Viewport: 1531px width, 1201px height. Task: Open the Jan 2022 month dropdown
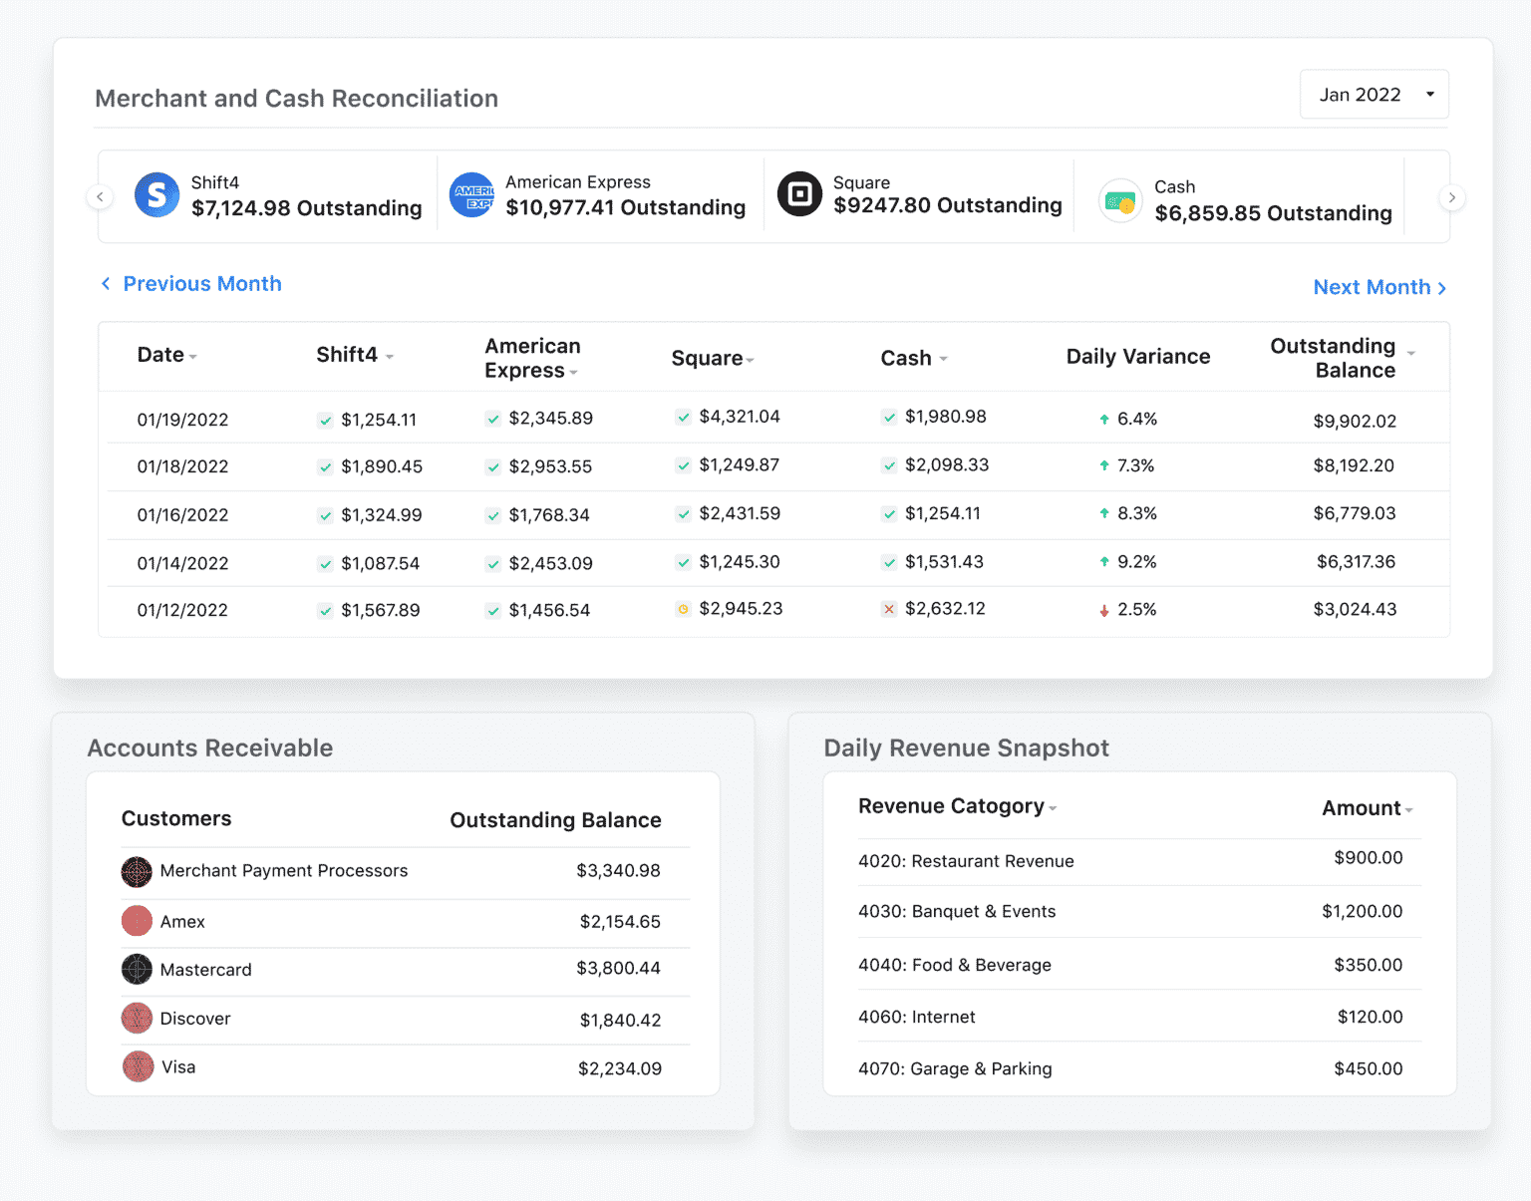(x=1374, y=95)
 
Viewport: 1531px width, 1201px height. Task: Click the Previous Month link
(x=191, y=284)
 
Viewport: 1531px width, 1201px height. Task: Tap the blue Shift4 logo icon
(x=156, y=195)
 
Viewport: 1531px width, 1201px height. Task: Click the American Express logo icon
(x=471, y=195)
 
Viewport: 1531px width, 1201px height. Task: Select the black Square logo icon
(x=799, y=194)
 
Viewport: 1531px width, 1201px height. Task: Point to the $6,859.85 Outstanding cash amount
(x=1273, y=213)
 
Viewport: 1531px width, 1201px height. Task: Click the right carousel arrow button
(x=1451, y=197)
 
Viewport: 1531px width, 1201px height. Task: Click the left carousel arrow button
(x=100, y=197)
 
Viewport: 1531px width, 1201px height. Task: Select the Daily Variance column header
(x=1137, y=357)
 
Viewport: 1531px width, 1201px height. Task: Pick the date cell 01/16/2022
(x=182, y=515)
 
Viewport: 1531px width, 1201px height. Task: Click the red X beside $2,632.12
(x=888, y=609)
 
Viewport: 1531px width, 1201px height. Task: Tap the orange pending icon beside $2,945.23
(x=683, y=609)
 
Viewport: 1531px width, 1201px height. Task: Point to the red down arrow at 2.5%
(x=1103, y=610)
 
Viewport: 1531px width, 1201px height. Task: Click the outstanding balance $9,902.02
(x=1354, y=421)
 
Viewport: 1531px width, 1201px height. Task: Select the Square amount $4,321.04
(x=739, y=417)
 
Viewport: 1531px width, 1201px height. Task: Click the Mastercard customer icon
(x=137, y=969)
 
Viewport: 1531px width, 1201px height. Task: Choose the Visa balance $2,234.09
(x=619, y=1068)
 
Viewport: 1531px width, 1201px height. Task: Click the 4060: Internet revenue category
(x=916, y=1017)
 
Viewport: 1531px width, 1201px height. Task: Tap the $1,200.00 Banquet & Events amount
(x=1362, y=911)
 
